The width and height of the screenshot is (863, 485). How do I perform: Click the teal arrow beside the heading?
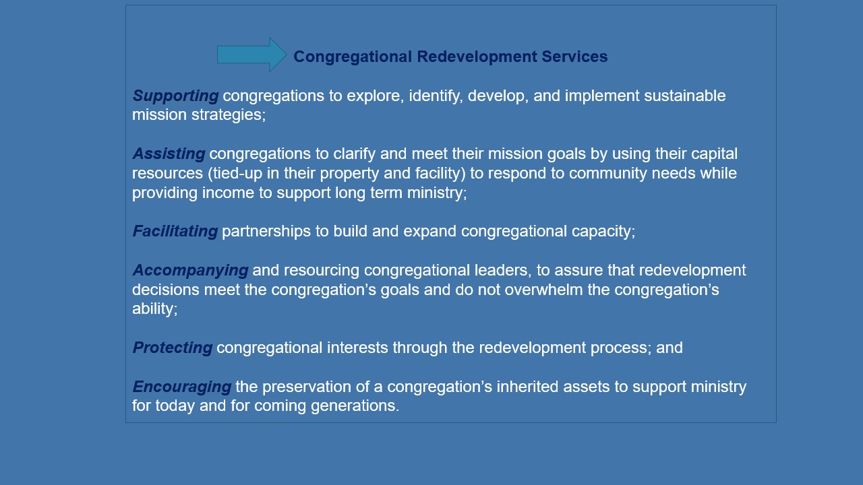tap(251, 55)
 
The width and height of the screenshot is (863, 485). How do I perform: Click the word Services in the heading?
tap(574, 57)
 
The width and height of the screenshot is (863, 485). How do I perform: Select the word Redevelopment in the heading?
tap(477, 57)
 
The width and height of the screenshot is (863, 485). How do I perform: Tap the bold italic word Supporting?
tap(175, 96)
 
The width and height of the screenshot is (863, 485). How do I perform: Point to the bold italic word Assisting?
tap(169, 154)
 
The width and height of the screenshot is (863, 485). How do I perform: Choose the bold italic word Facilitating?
tap(175, 231)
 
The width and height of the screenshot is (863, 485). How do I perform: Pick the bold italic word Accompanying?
tap(190, 271)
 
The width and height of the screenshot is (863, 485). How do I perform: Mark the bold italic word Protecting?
tap(172, 348)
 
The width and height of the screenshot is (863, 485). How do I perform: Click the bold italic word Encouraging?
tap(182, 387)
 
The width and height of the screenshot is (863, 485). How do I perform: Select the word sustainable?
tap(684, 96)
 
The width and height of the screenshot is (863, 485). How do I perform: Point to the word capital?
tap(714, 154)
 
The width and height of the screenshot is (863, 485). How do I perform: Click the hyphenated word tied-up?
tap(237, 174)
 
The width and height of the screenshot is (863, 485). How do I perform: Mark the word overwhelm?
tap(543, 290)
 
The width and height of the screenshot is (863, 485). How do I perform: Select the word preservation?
tap(306, 387)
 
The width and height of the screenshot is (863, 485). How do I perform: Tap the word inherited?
tap(527, 387)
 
